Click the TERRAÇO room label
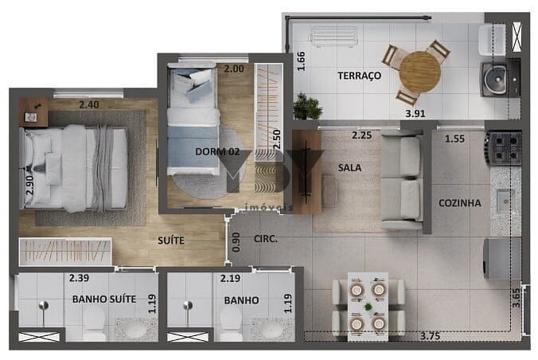[x=359, y=76]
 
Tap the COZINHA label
[x=460, y=203]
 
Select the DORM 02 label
[x=217, y=151]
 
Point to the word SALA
[x=349, y=167]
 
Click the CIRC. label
[x=266, y=239]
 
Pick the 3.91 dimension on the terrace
[x=415, y=113]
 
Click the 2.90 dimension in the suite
[x=29, y=185]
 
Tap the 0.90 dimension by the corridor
[x=236, y=242]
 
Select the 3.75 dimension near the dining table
[x=430, y=336]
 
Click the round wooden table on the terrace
[x=420, y=72]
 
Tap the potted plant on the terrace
[x=307, y=107]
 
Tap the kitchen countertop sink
[x=505, y=201]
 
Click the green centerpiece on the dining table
[x=368, y=307]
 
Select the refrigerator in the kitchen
[x=502, y=259]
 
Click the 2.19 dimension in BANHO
[x=230, y=278]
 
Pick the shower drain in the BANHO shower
[x=188, y=304]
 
